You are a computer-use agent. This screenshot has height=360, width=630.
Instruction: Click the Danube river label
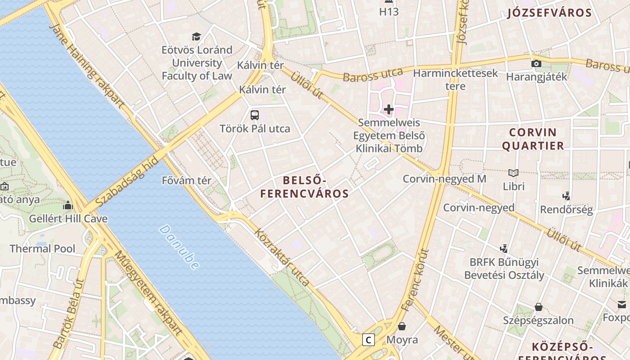[179, 247]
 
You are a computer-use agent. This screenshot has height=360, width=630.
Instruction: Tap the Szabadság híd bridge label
[127, 181]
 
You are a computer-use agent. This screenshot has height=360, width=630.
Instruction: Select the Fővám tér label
[186, 181]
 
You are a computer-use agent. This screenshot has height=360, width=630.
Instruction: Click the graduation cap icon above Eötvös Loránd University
[196, 36]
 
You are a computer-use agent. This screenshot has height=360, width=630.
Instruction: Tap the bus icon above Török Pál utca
[255, 115]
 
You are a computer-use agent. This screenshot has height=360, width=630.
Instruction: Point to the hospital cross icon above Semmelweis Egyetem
[389, 109]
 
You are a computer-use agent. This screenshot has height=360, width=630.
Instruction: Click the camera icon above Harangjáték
[536, 63]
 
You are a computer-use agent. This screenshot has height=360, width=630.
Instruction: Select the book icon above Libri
[513, 173]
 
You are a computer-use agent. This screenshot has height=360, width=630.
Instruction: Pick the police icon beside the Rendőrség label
[566, 196]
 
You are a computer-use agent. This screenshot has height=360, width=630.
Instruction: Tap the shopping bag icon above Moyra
[402, 326]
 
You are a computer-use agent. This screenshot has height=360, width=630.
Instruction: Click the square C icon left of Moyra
[369, 340]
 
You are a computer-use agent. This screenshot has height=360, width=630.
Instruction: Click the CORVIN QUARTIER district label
[533, 139]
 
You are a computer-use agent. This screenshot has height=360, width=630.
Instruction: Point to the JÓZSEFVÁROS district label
[549, 13]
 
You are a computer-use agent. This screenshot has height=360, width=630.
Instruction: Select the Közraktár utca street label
[282, 257]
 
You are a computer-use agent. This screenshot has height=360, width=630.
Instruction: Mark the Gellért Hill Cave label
[68, 219]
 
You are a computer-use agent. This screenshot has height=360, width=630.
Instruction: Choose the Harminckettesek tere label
[455, 79]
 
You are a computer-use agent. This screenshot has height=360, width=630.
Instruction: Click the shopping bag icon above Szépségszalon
[538, 307]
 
